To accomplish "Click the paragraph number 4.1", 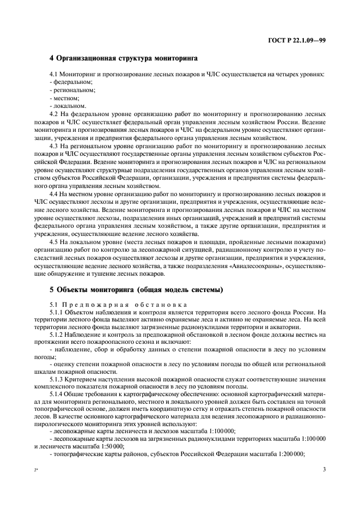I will pos(54,74).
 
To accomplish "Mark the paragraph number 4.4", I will pos(54,194).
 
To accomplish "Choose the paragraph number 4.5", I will pos(54,241).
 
